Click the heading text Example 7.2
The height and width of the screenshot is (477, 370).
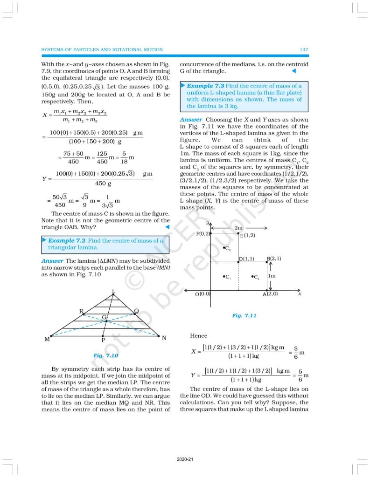click(x=65, y=241)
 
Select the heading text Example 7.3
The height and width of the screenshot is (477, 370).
click(x=205, y=86)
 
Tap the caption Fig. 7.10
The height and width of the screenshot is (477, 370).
click(x=105, y=355)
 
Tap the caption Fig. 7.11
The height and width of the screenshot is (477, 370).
click(x=244, y=315)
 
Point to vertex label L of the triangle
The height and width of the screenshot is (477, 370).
click(x=113, y=292)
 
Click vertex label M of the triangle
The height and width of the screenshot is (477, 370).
click(x=47, y=339)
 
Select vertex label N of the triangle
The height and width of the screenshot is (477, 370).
click(x=164, y=338)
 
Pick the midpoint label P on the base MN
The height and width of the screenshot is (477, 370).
click(x=103, y=341)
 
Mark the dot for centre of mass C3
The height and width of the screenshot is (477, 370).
click(x=224, y=248)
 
